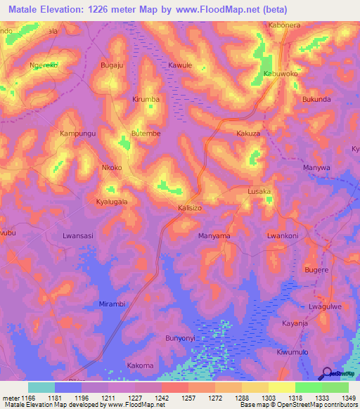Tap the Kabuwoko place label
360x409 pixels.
pyautogui.click(x=281, y=74)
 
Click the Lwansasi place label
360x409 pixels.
pyautogui.click(x=78, y=236)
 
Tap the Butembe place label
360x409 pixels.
pyautogui.click(x=146, y=133)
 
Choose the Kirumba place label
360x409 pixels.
pyautogui.click(x=146, y=100)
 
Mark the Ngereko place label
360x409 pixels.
pyautogui.click(x=43, y=65)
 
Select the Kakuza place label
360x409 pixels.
pyautogui.click(x=248, y=133)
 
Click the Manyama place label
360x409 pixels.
pyautogui.click(x=214, y=236)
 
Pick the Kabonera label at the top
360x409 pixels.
pyautogui.click(x=285, y=25)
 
